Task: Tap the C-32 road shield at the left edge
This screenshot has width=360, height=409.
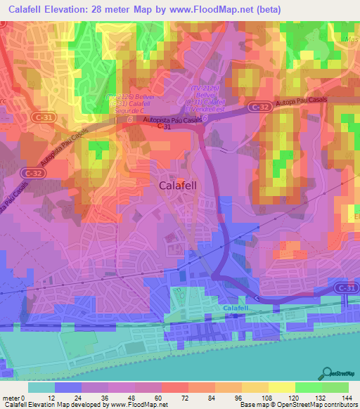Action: point(32,171)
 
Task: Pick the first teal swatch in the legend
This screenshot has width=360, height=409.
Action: point(41,387)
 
